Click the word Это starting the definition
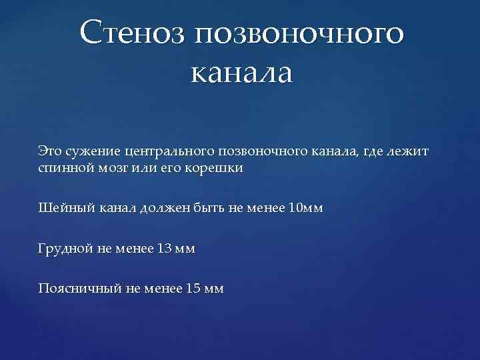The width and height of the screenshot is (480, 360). click(x=50, y=151)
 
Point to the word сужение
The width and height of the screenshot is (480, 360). click(x=89, y=152)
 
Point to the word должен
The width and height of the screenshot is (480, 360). click(x=166, y=208)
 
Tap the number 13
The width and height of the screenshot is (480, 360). click(x=163, y=248)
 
